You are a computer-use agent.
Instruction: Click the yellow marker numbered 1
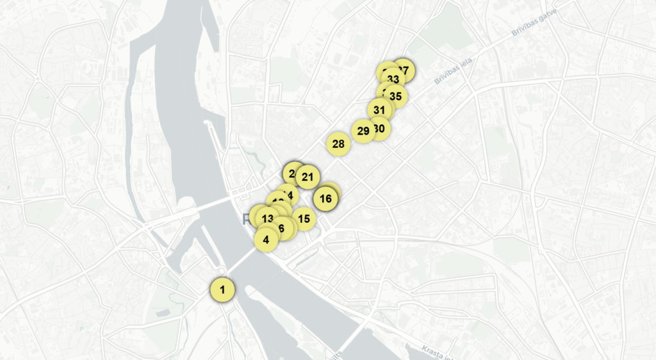click(x=222, y=290)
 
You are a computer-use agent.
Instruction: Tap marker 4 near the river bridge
click(x=266, y=240)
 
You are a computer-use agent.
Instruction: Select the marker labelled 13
click(x=267, y=218)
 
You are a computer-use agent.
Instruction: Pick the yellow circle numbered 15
click(x=304, y=219)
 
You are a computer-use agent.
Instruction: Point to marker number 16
click(x=325, y=199)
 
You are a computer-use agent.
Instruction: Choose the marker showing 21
click(x=308, y=177)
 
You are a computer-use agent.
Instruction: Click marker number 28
click(x=338, y=144)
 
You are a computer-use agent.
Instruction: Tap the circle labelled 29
click(x=363, y=131)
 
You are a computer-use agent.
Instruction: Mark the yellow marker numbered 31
click(x=379, y=110)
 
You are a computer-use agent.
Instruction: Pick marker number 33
click(x=393, y=79)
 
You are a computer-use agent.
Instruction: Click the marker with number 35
click(x=396, y=97)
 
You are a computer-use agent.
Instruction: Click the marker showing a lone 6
click(x=283, y=227)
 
